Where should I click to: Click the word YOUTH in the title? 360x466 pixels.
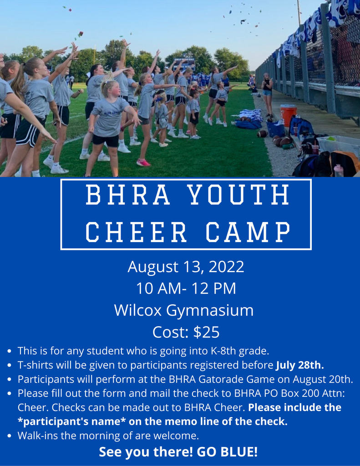click(x=239, y=195)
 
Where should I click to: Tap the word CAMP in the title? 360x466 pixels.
click(x=248, y=232)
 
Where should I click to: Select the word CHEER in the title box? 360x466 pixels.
click(x=136, y=232)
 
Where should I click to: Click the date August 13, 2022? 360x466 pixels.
click(x=186, y=266)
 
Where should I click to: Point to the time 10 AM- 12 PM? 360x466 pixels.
click(x=186, y=288)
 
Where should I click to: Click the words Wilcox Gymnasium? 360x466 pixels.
click(x=184, y=310)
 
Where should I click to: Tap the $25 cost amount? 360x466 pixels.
click(x=206, y=333)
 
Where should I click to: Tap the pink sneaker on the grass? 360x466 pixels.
click(x=143, y=162)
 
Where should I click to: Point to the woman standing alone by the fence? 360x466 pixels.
click(x=267, y=96)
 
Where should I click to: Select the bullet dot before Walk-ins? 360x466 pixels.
click(x=10, y=436)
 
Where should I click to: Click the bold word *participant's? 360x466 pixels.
click(x=55, y=421)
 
